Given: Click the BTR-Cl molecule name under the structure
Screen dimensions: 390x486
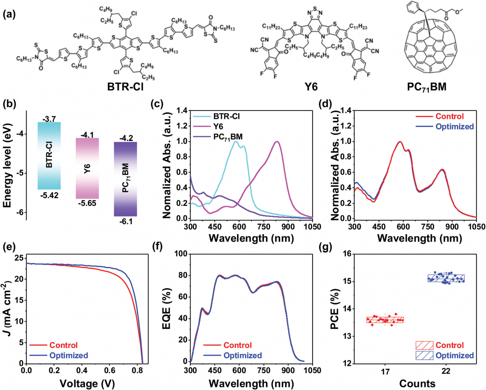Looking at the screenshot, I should click(125, 87).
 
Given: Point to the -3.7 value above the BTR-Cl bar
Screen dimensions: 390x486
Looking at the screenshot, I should click(49, 119).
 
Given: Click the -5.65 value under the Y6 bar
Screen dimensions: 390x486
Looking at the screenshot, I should click(87, 203).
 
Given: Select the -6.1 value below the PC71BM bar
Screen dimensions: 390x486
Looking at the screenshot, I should click(126, 221).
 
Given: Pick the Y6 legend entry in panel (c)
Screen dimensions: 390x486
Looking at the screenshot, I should click(218, 126).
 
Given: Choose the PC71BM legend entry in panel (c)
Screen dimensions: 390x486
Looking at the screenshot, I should click(228, 137).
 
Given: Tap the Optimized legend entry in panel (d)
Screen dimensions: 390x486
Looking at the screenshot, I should click(454, 126).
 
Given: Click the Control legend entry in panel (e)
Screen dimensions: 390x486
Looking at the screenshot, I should click(63, 345).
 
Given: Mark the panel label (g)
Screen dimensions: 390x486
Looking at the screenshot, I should click(326, 247).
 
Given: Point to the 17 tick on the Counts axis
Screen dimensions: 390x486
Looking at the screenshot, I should click(385, 371).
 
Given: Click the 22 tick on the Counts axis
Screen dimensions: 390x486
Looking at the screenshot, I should click(446, 371).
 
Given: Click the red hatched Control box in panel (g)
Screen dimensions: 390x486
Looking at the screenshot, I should click(385, 320).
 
